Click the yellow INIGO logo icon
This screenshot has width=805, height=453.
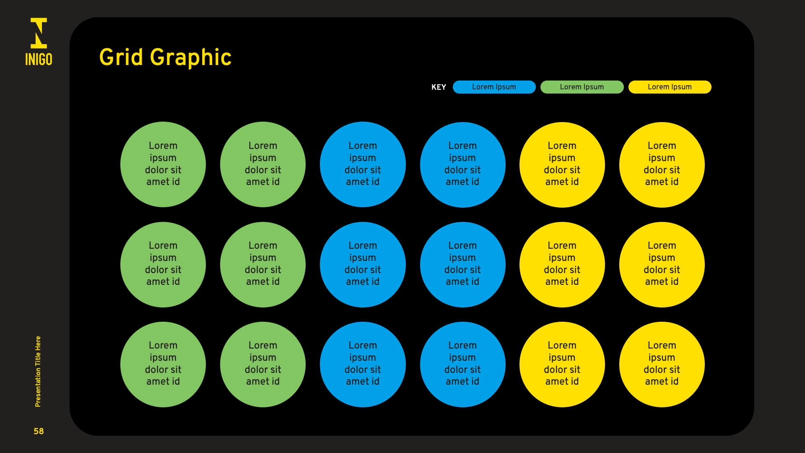39,33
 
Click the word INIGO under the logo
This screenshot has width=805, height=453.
39,60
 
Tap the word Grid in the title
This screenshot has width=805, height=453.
121,57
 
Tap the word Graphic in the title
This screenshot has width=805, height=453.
191,58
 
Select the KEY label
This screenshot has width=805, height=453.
439,87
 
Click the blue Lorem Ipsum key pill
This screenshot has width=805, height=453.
494,87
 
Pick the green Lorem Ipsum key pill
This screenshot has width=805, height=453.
582,87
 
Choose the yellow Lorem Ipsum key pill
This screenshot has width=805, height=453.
670,87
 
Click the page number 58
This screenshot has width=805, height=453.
39,431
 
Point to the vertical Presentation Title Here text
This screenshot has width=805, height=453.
38,371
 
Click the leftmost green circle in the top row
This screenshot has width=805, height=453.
163,164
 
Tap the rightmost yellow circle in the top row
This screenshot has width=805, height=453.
662,164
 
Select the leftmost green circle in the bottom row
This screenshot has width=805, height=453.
163,364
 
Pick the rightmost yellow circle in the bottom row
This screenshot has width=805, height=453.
662,364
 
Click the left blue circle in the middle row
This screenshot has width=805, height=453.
363,264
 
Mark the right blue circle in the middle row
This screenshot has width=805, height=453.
462,264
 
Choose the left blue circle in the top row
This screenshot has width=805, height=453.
363,164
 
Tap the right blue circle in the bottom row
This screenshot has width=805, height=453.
462,364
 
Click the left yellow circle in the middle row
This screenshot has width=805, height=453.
562,264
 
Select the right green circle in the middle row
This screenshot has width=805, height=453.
263,264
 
